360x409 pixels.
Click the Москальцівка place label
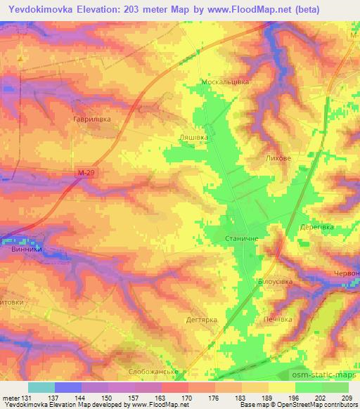225,82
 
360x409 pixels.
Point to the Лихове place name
278,160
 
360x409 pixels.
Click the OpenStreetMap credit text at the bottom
297,405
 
